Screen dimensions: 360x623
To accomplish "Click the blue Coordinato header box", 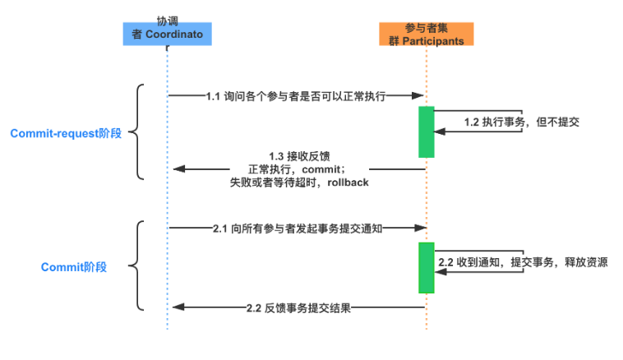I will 168,32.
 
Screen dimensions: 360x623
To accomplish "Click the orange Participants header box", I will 426,33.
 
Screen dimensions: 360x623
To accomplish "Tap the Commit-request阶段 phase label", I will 66,133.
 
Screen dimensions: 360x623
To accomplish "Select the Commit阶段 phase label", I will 74,267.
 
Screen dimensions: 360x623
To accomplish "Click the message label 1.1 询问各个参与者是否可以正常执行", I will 296,96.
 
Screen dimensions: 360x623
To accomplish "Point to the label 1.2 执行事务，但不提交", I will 522,122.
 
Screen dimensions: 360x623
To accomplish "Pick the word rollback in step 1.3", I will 348,182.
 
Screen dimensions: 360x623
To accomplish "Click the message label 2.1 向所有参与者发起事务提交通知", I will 297,229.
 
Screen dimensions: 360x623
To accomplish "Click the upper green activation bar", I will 426,132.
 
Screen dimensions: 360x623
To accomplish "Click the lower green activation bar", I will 426,267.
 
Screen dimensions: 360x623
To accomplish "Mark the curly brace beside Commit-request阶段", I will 139,132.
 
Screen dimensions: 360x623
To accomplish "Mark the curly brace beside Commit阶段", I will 139,265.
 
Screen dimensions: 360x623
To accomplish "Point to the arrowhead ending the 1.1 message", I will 418,96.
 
